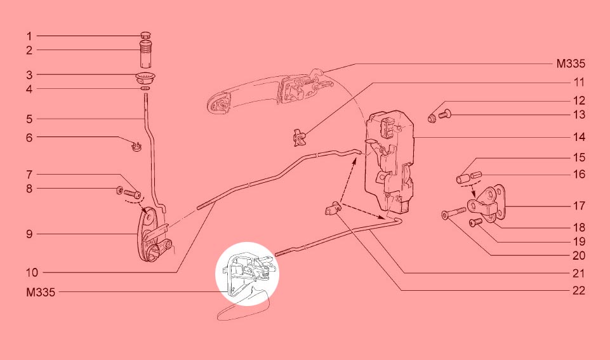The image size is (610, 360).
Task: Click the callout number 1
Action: (x=29, y=36)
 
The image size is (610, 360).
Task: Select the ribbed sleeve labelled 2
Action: (x=145, y=54)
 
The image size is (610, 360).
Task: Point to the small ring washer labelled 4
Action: (x=145, y=89)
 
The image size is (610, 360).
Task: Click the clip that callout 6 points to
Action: (x=136, y=147)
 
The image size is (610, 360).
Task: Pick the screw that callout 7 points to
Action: (x=132, y=192)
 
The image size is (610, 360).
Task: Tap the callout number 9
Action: (x=29, y=234)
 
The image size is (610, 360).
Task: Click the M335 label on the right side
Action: (x=571, y=63)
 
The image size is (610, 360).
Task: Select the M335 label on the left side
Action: (x=41, y=292)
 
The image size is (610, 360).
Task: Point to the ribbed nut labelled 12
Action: (x=432, y=117)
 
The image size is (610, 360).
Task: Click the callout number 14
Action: (x=579, y=137)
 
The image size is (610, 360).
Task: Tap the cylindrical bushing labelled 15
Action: (x=461, y=180)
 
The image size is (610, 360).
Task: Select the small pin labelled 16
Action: (x=476, y=175)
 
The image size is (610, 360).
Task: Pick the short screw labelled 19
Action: (x=476, y=222)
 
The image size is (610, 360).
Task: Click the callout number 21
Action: (x=579, y=274)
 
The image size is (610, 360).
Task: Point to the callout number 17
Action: (x=579, y=206)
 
